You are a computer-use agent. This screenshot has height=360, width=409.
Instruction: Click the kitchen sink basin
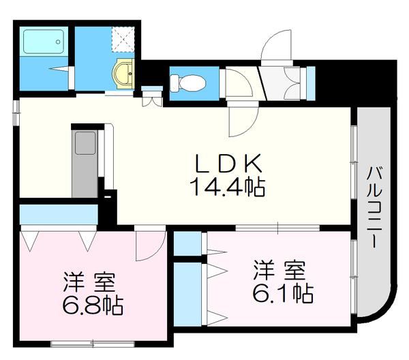tap(85, 145)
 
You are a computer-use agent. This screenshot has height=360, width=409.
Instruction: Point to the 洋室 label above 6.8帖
tap(91, 281)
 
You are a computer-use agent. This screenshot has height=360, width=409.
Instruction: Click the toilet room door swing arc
tap(236, 85)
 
